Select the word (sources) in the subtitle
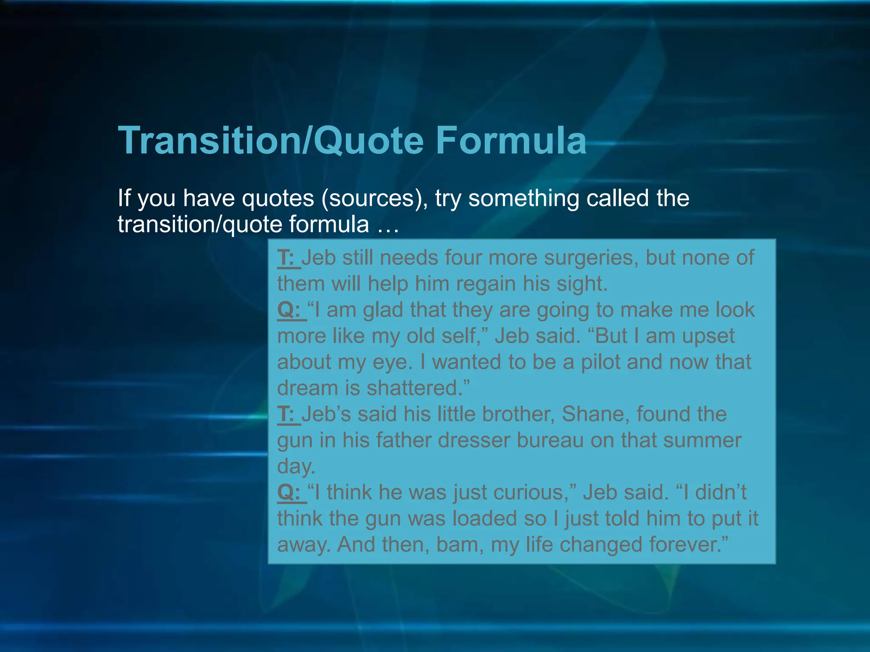pyautogui.click(x=374, y=198)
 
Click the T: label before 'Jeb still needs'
pyautogui.click(x=288, y=258)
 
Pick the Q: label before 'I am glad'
pyautogui.click(x=291, y=310)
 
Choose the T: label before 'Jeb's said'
pyautogui.click(x=288, y=414)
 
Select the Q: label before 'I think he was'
pyautogui.click(x=291, y=492)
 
